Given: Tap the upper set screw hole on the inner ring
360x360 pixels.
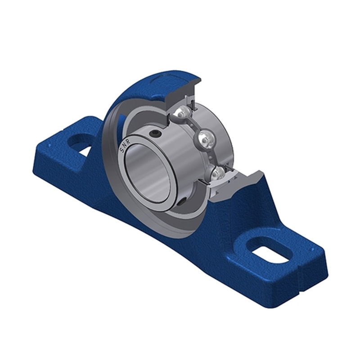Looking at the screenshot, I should click(x=156, y=133).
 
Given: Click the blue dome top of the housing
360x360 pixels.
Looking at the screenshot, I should click(x=148, y=79).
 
